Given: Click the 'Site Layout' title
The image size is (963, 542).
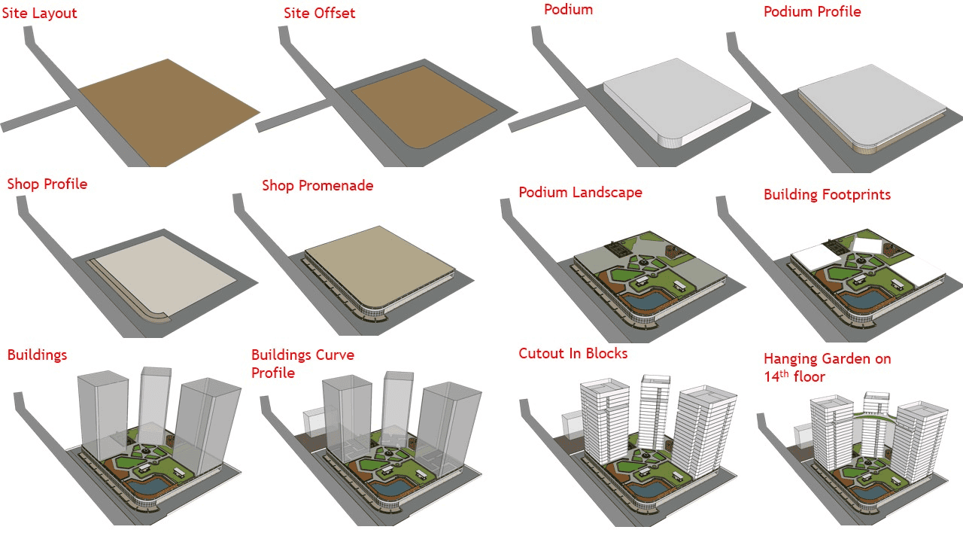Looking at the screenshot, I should pos(40,14).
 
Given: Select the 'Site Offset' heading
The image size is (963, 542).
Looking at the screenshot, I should pos(319,14).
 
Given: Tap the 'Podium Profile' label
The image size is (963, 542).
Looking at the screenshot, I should pos(812,12).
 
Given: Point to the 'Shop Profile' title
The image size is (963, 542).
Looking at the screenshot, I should pos(47,184).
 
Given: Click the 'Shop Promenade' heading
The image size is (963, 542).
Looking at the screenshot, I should pos(317,185).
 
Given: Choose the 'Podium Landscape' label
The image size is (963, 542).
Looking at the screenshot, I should pos(580,192).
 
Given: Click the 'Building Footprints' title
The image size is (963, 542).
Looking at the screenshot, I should pos(827,194).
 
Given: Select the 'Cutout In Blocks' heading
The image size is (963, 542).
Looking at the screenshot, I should pos(573,353).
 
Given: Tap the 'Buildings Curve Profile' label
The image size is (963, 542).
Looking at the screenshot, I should pos(302,364).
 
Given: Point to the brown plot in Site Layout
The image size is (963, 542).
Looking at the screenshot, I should pos(166,111).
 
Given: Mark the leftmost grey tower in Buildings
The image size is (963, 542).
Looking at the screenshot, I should pos(104,414).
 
